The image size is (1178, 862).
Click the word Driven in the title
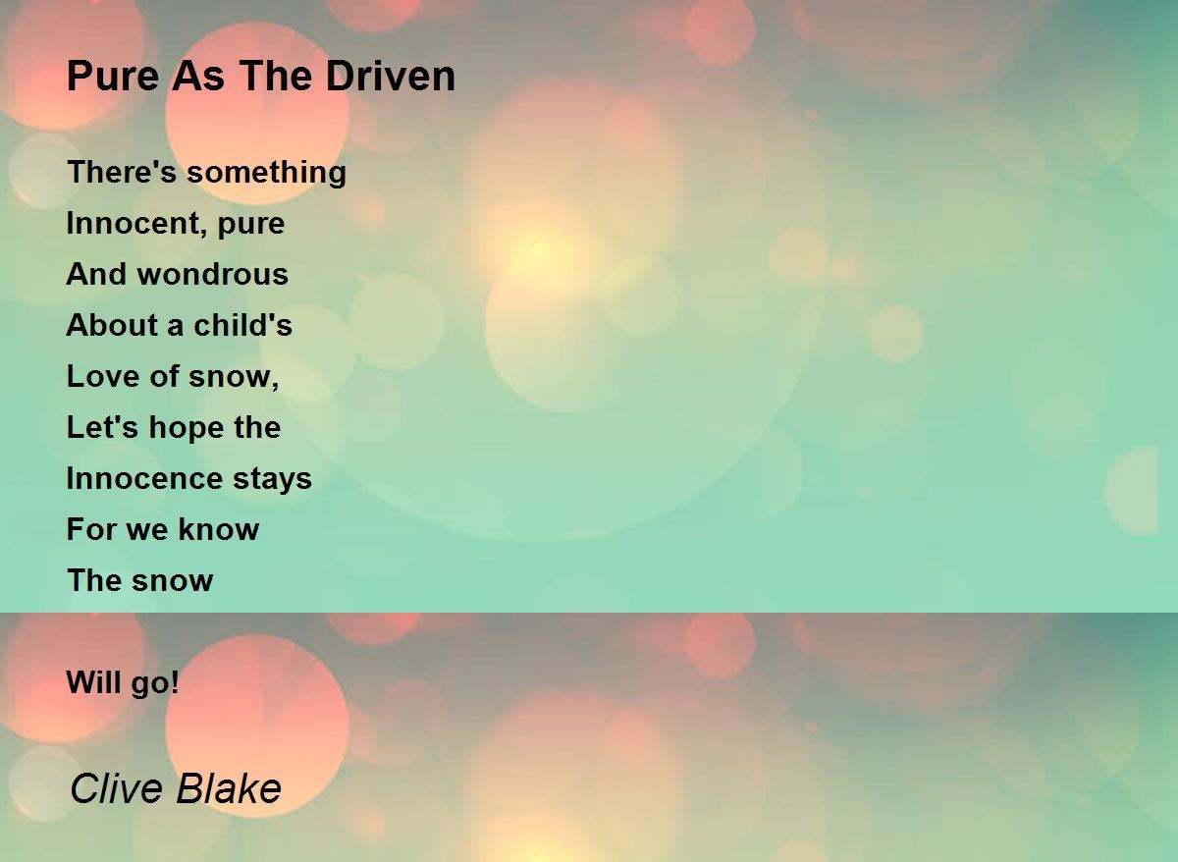pyautogui.click(x=391, y=76)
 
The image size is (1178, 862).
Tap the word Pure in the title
pyautogui.click(x=113, y=77)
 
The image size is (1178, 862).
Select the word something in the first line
pyautogui.click(x=267, y=173)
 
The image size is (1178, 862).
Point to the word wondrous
pyautogui.click(x=213, y=274)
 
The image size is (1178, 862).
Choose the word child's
pyautogui.click(x=243, y=325)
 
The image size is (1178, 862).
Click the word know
pyautogui.click(x=219, y=529)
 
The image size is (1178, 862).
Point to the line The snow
pyautogui.click(x=139, y=580)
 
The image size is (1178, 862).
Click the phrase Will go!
pyautogui.click(x=123, y=683)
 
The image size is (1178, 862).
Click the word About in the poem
pyautogui.click(x=112, y=325)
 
